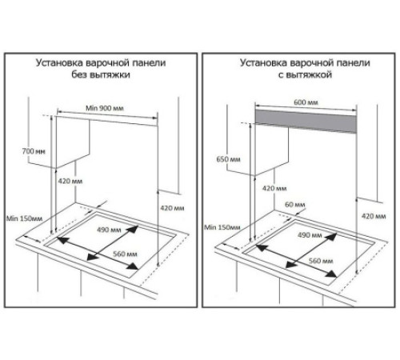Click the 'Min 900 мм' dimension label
coord(105,108)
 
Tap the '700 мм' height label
coord(34,151)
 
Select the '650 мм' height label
coord(228,159)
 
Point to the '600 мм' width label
coord(306,102)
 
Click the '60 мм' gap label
coord(295,205)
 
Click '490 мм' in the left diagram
coord(109,230)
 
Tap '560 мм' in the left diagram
coord(125,254)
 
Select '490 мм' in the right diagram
coord(310,235)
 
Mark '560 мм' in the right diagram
coord(321,261)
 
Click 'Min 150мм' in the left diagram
coord(24,218)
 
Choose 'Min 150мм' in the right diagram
coord(222,227)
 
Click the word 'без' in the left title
coord(79,74)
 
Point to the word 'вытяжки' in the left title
coord(110,74)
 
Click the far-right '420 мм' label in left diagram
coord(172,208)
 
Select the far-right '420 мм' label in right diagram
coord(374,216)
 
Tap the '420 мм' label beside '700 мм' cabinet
coord(70,182)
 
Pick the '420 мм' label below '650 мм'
coord(274,189)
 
